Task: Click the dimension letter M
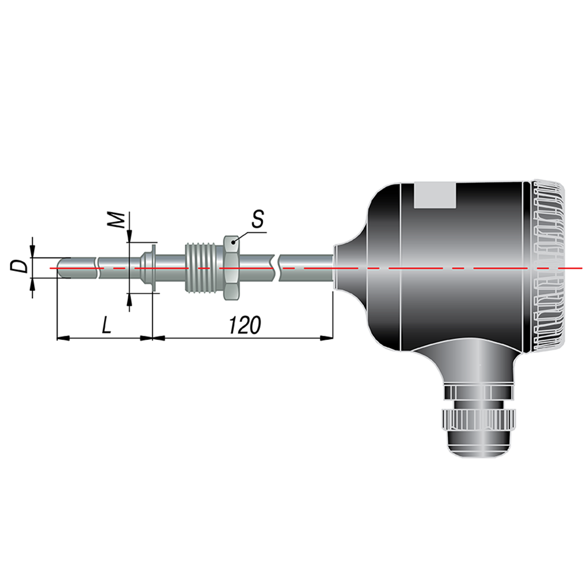116,220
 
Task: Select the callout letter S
258,219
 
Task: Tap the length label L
107,325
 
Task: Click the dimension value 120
245,325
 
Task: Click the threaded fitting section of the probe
205,268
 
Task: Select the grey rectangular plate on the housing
435,195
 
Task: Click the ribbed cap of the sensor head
547,267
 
